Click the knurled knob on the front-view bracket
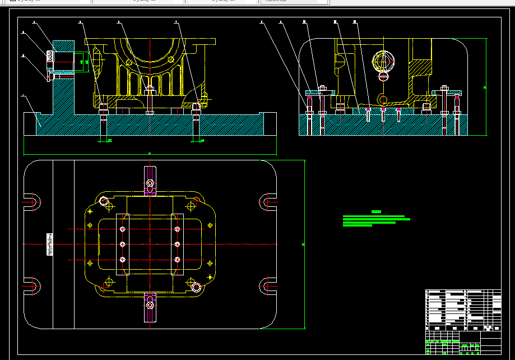click(49, 57)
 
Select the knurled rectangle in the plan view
click(49, 244)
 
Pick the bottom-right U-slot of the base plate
click(268, 287)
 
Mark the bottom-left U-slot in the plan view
click(32, 287)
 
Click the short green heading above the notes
click(376, 212)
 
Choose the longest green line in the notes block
click(376, 219)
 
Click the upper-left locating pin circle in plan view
click(104, 201)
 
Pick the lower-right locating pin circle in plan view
click(196, 288)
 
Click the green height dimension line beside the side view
click(485, 87)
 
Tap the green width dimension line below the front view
click(150, 154)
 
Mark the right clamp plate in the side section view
click(448, 93)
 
